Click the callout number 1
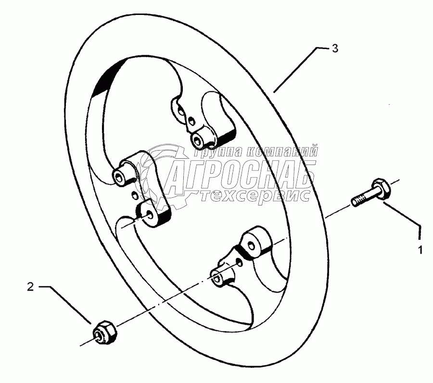tap(420, 250)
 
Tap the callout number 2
tap(30, 287)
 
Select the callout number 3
tap(335, 49)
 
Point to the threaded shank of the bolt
tap(362, 198)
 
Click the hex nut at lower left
tap(105, 332)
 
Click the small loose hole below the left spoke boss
tap(134, 195)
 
